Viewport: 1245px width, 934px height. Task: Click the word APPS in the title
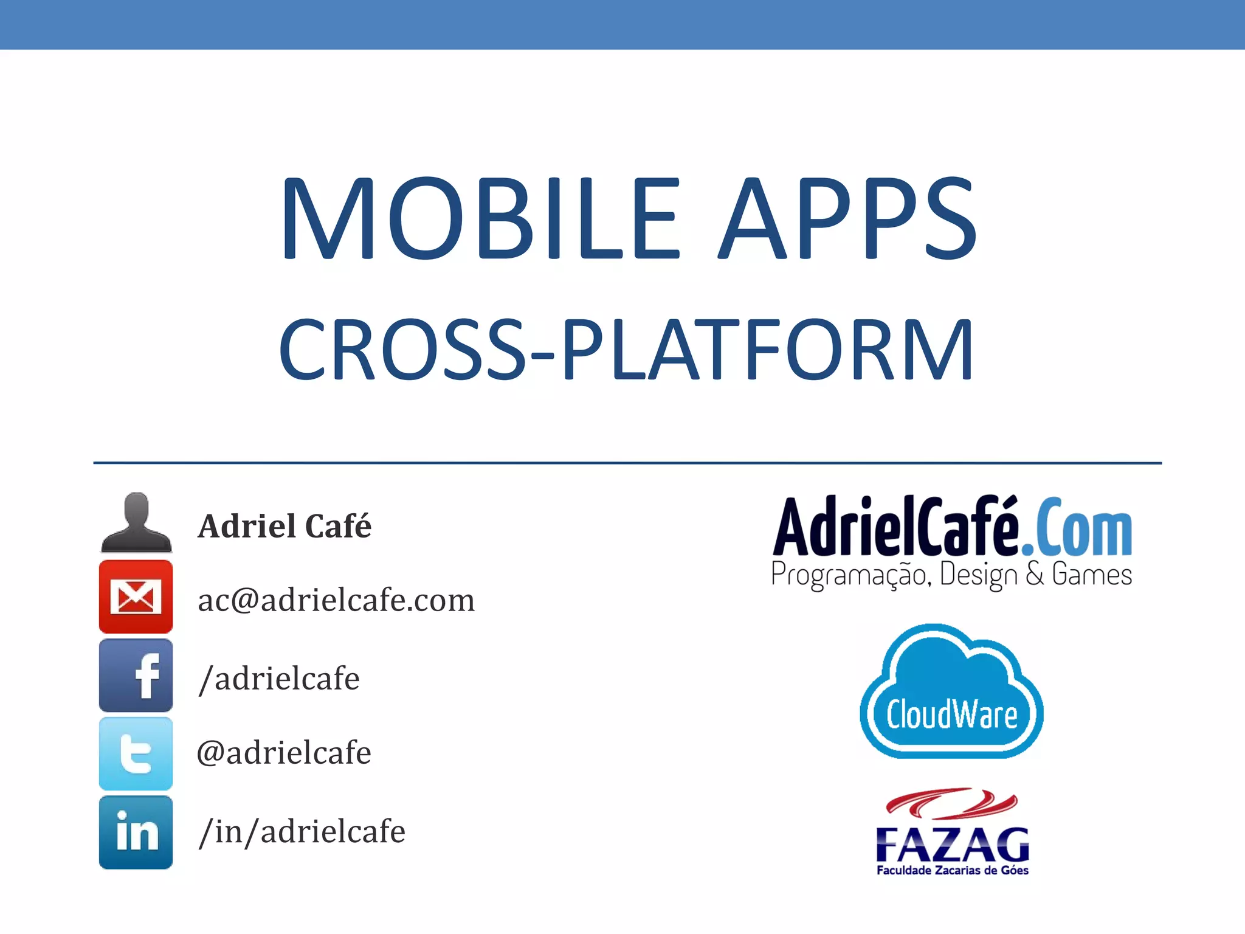click(x=847, y=219)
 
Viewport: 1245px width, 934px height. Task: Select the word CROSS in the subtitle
click(x=401, y=351)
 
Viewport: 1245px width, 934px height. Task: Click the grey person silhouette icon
click(x=136, y=523)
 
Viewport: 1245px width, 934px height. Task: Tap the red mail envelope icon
click(x=136, y=597)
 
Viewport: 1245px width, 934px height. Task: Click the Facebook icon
click(x=136, y=675)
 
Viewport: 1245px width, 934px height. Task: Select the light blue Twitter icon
click(x=136, y=753)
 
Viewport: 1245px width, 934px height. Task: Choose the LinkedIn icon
click(x=136, y=832)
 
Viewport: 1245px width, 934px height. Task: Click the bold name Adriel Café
click(x=285, y=527)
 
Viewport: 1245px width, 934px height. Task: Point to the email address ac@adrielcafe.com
click(x=336, y=601)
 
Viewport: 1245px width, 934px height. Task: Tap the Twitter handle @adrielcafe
click(x=284, y=753)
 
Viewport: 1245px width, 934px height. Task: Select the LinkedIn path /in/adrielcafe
click(x=302, y=832)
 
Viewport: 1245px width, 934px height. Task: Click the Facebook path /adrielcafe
click(x=279, y=679)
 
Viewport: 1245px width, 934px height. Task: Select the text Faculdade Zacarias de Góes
click(x=952, y=870)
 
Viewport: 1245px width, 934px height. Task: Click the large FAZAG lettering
click(x=952, y=844)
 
